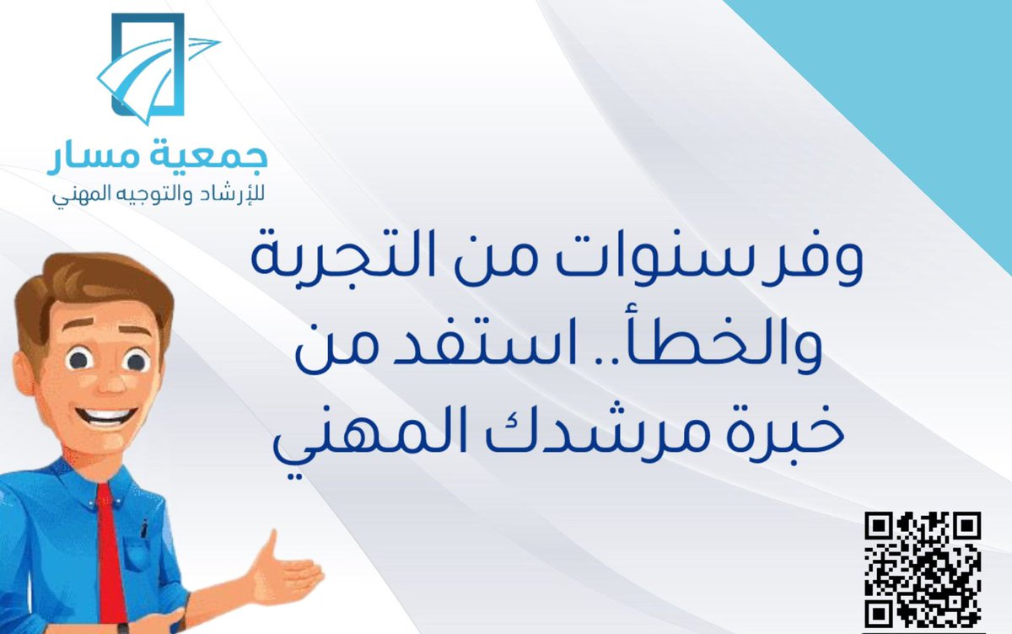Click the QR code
[923, 569]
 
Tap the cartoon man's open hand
[278, 573]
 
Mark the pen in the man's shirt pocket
[144, 527]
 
